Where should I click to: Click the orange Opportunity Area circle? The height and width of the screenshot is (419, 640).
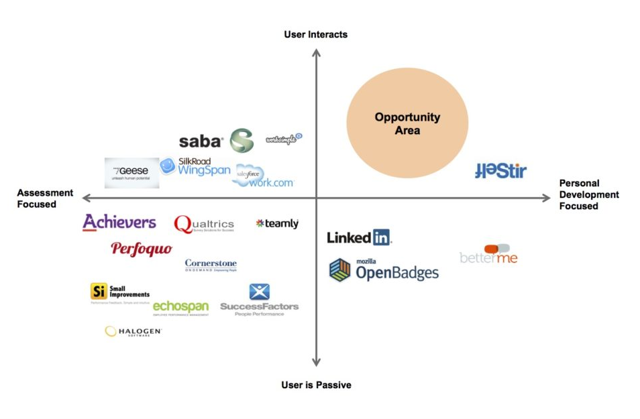(x=407, y=123)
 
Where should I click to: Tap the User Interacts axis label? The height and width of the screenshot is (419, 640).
(x=315, y=34)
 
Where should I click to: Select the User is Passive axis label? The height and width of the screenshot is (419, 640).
(x=316, y=385)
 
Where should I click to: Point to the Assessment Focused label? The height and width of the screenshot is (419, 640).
(x=45, y=198)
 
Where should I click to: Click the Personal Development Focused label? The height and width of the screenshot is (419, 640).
(x=588, y=194)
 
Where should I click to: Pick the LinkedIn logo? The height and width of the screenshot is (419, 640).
(x=359, y=237)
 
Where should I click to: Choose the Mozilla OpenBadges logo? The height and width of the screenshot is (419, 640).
(x=383, y=270)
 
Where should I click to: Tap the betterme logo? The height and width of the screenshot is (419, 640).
(x=488, y=255)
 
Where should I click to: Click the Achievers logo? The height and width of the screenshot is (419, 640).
(x=119, y=223)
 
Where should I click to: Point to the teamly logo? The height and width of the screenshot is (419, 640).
(x=277, y=223)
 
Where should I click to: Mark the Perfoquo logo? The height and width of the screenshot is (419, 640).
(x=142, y=249)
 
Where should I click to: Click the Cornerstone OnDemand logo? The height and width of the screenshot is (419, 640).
(x=211, y=265)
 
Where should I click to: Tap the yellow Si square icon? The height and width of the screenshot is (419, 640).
(x=99, y=291)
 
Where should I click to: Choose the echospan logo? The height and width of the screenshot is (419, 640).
(x=180, y=307)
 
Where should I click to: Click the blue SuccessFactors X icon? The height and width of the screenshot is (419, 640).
(x=259, y=292)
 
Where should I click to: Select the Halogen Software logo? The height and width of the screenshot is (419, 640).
(x=134, y=331)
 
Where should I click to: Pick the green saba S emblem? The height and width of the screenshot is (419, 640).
(x=242, y=141)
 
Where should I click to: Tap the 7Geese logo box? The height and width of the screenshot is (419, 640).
(x=131, y=172)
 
